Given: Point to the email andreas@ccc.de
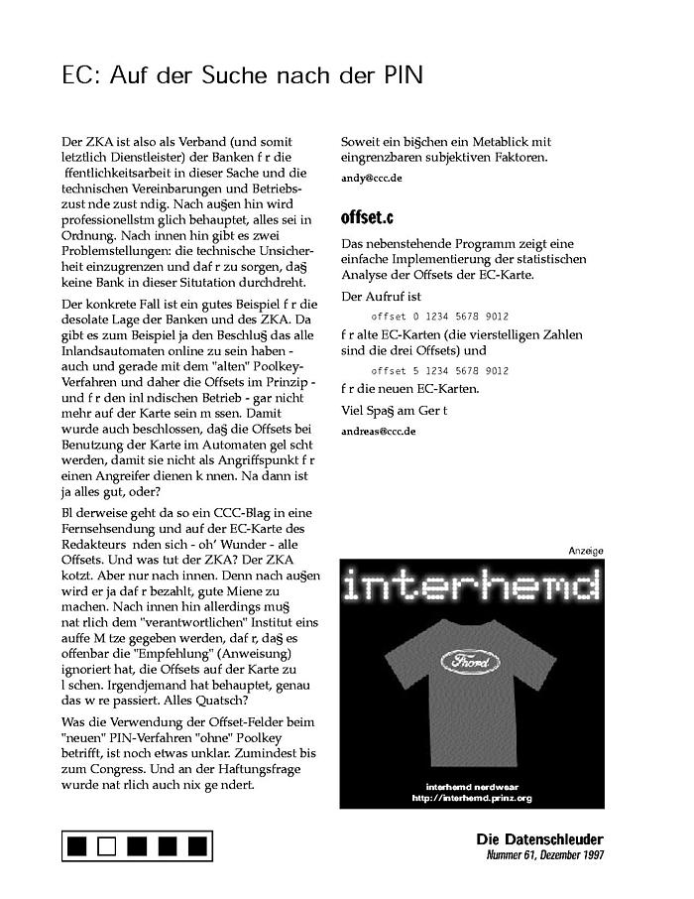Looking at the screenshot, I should click(378, 431).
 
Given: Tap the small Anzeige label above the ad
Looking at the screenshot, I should click(585, 551).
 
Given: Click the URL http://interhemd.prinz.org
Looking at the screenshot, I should click(471, 798).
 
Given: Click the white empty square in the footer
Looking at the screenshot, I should click(108, 846).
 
